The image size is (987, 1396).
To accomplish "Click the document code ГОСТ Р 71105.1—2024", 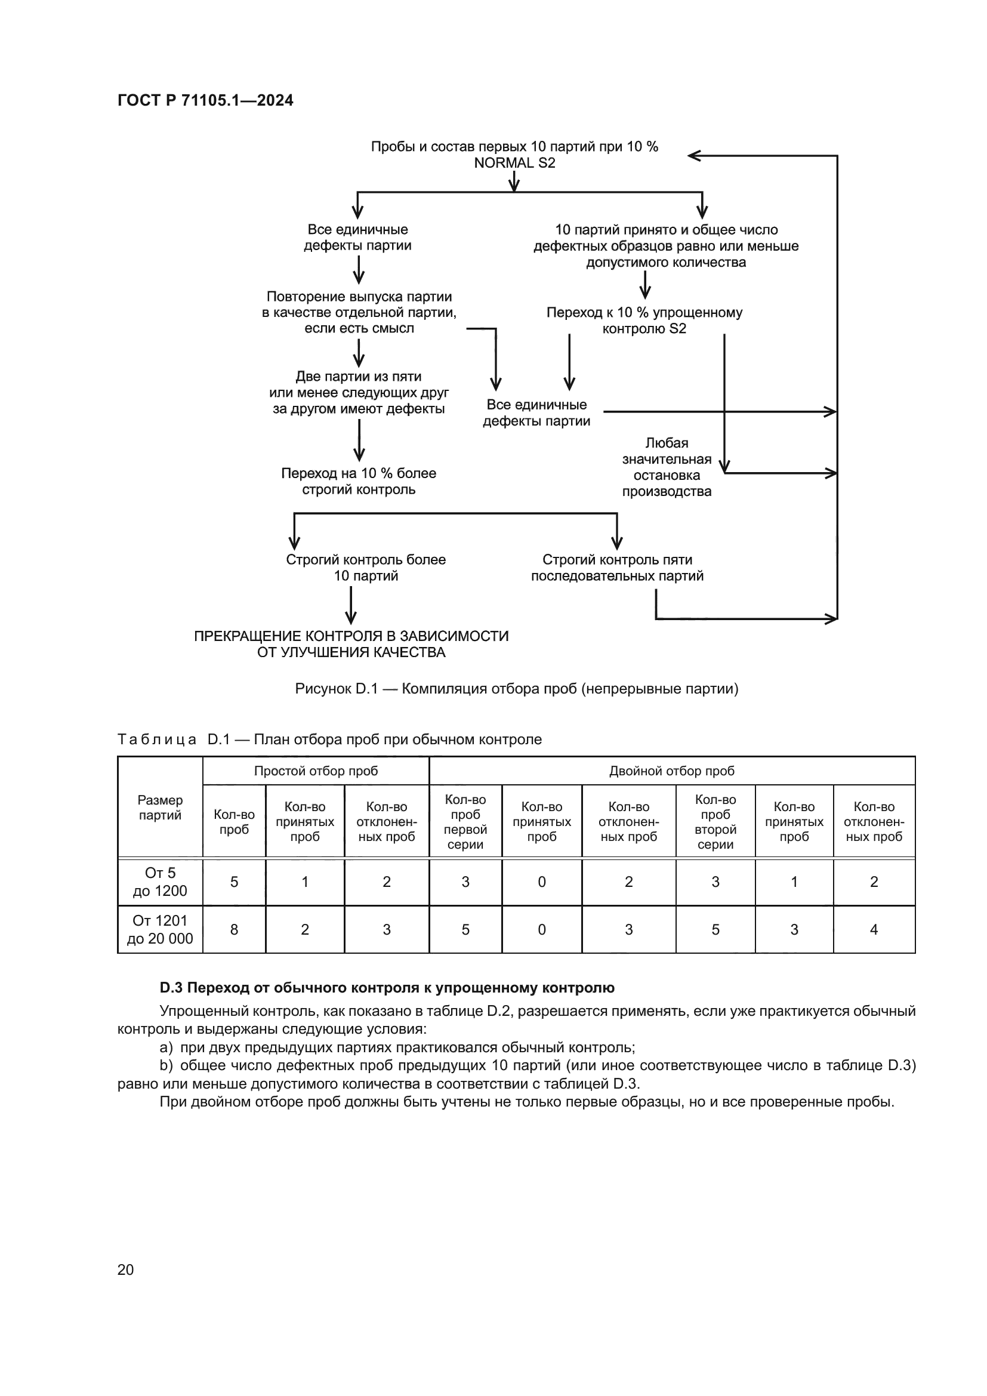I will pyautogui.click(x=205, y=100).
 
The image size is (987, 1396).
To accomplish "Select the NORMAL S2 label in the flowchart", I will pyautogui.click(x=514, y=163).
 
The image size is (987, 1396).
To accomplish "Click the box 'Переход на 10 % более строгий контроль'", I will pyautogui.click(x=359, y=481).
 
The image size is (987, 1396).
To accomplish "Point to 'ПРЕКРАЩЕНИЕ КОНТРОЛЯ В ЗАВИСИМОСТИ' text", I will pyautogui.click(x=351, y=636).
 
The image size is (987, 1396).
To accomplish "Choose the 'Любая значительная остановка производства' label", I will pyautogui.click(x=666, y=467).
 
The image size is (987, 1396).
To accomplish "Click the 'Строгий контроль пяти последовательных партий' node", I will pyautogui.click(x=617, y=567).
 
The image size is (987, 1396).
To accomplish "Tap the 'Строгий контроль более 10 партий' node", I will pyautogui.click(x=366, y=567).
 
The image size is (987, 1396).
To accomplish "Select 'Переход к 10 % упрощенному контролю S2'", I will pyautogui.click(x=644, y=321).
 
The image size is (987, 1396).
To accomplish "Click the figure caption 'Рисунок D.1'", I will pyautogui.click(x=517, y=689).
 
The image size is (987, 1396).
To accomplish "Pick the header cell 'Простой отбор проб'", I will pyautogui.click(x=316, y=771).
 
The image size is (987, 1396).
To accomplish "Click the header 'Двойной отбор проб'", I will pyautogui.click(x=671, y=771).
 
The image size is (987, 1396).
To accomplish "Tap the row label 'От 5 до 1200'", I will pyautogui.click(x=160, y=882).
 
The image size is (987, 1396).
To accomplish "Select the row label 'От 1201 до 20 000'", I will pyautogui.click(x=160, y=930).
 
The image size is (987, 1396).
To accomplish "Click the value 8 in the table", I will pyautogui.click(x=234, y=930).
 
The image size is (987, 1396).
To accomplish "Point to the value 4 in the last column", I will pyautogui.click(x=874, y=930).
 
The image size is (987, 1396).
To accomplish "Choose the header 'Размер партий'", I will pyautogui.click(x=160, y=808).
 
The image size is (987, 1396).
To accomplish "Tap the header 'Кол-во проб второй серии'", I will pyautogui.click(x=715, y=821).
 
